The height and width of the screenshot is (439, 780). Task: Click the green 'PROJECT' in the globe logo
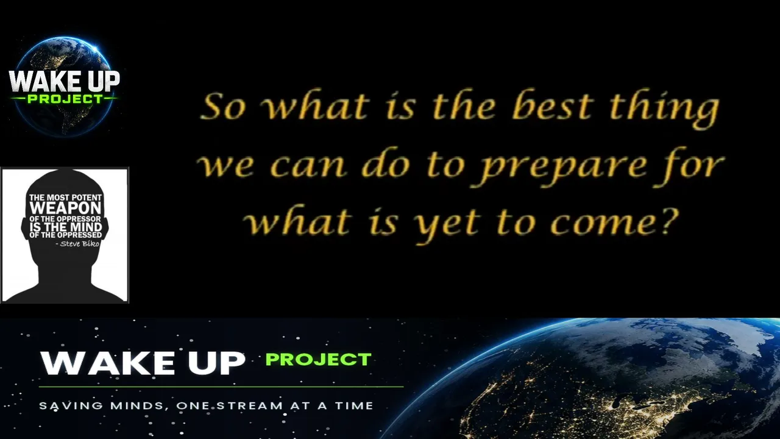coord(65,99)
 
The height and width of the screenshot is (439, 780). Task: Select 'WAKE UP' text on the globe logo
coord(65,82)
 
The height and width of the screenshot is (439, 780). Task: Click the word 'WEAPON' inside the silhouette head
coord(65,208)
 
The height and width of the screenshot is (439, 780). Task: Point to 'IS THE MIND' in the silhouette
coord(65,227)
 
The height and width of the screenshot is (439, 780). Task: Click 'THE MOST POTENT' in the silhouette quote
coord(65,198)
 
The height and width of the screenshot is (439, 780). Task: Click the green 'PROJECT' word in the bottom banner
coord(319,360)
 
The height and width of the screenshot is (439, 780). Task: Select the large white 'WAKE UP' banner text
coord(143,363)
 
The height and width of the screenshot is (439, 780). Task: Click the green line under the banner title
coord(221,387)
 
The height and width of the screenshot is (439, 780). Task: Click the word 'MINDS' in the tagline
coord(137,406)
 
